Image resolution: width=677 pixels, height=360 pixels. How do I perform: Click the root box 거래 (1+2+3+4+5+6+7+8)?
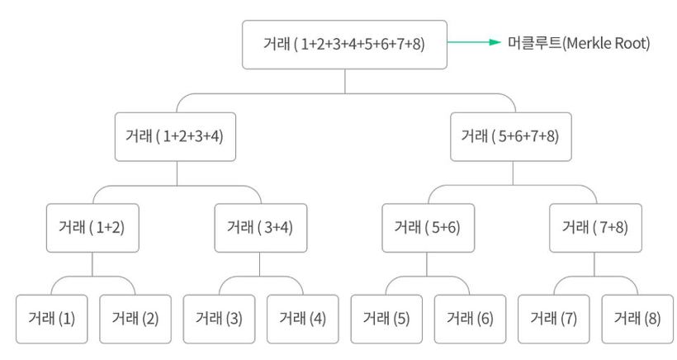pos(344,45)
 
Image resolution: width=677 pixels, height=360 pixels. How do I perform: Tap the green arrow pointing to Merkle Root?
pos(474,42)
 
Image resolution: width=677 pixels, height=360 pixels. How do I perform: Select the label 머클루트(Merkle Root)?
pos(579,43)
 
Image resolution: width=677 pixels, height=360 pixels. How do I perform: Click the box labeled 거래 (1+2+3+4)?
pos(175,137)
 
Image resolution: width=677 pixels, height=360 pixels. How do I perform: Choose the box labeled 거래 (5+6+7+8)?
pos(511,137)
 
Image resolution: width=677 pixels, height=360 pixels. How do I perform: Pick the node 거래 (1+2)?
pos(92,228)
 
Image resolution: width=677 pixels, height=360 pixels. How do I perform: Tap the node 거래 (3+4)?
pos(261,228)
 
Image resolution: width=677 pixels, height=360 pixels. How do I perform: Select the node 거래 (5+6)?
pos(428,228)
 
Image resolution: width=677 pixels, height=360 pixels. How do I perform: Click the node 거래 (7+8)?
pos(595,228)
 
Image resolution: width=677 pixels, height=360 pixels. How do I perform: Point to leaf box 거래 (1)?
pos(52,319)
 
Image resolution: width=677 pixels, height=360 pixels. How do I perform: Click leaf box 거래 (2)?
pos(135,319)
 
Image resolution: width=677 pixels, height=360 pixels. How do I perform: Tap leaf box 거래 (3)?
pos(219,319)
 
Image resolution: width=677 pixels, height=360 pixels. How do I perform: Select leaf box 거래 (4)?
pos(303,319)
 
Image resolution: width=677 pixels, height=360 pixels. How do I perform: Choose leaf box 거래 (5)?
pos(386,319)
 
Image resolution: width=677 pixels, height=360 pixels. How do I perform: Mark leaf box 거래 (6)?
pos(470,319)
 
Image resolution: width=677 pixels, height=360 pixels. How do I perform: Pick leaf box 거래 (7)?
pos(553,319)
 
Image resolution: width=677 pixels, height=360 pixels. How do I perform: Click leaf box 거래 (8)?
pos(637,319)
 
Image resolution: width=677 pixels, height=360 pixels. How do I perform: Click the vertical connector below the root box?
pos(345,81)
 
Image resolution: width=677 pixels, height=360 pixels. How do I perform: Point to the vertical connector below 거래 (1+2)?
pos(92,264)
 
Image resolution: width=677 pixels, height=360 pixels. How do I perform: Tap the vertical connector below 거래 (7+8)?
pos(594,264)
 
